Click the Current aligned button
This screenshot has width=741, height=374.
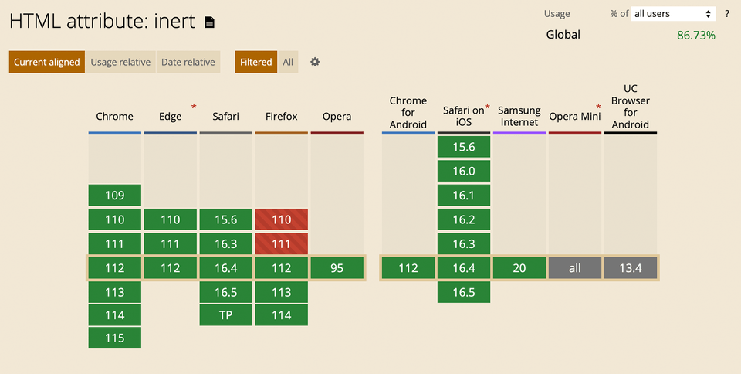(x=46, y=62)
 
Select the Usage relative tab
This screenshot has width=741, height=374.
(x=120, y=62)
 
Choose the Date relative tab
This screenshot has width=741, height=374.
(x=188, y=62)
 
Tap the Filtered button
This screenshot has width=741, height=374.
(x=255, y=62)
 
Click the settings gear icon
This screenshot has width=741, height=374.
(x=315, y=62)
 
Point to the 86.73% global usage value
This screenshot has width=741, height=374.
(x=695, y=36)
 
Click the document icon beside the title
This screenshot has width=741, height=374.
(x=209, y=22)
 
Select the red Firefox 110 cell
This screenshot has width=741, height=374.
(x=281, y=219)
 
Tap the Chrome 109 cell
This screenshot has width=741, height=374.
(x=114, y=195)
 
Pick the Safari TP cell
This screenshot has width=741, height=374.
(x=225, y=315)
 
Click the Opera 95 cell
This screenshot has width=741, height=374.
(x=337, y=268)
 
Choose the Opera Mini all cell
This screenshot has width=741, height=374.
(x=575, y=268)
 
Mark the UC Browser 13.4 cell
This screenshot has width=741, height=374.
(x=631, y=268)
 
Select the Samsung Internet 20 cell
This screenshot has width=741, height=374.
(x=519, y=268)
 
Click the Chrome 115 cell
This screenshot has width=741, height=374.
(x=114, y=338)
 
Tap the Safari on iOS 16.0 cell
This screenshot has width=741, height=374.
(x=464, y=172)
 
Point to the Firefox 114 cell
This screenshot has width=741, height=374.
(x=281, y=315)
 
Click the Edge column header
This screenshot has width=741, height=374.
(x=171, y=117)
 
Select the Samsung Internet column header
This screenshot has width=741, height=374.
(x=519, y=117)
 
